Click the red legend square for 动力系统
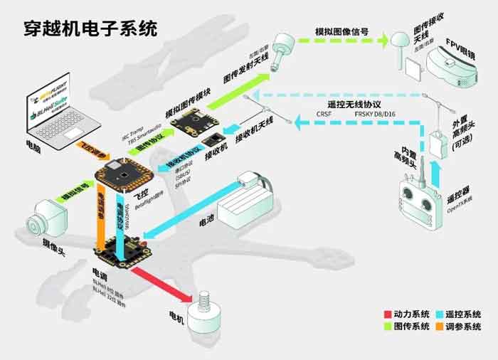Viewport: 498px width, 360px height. [x=387, y=314]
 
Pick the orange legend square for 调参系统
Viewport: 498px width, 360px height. [x=439, y=327]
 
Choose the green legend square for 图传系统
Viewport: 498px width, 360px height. [x=387, y=327]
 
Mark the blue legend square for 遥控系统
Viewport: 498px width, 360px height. [x=439, y=314]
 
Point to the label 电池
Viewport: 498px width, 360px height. [x=207, y=221]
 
